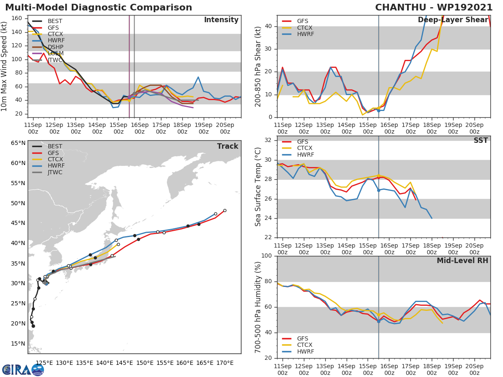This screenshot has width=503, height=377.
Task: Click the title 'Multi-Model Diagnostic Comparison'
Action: pos(99,8)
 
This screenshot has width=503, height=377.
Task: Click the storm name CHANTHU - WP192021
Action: pos(434,8)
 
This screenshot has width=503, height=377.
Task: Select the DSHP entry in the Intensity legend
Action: pos(55,47)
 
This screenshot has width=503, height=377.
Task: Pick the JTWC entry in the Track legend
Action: pos(54,172)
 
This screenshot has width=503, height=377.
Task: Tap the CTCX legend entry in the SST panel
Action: pos(304,148)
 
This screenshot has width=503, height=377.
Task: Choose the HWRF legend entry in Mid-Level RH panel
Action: pos(305,351)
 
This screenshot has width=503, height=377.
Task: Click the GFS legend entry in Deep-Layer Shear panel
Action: pos(305,21)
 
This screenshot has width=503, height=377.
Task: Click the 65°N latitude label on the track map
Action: pos(18,143)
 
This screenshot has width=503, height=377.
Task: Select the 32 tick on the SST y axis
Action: pos(268,140)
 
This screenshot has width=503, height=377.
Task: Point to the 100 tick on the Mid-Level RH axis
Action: pos(266,256)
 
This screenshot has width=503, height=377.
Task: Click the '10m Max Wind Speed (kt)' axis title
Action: pos(5,66)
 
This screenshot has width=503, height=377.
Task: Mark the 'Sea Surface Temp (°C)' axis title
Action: pos(258,186)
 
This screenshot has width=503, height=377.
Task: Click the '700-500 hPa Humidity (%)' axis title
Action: pos(258,307)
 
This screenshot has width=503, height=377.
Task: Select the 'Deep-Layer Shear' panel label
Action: pos(453,20)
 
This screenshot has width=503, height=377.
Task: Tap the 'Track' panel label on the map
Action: pos(228,146)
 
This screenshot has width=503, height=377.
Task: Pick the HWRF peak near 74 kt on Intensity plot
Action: pos(198,77)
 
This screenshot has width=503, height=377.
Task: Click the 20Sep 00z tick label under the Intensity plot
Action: pos(225,128)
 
